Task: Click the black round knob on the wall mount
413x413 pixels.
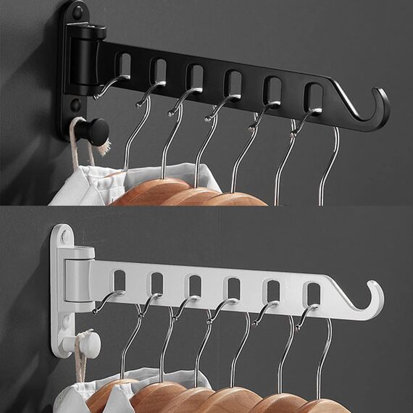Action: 94,130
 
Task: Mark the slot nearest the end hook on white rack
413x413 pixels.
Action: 313,293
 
